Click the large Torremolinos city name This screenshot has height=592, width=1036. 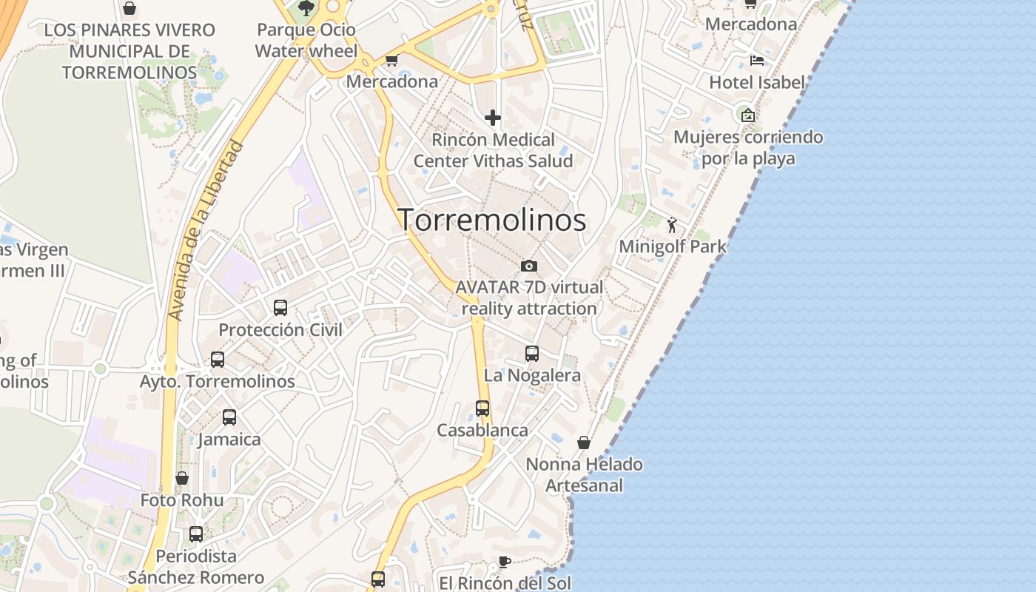492,220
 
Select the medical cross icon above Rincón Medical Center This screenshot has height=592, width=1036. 492,118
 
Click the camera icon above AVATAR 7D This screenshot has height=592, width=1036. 528,266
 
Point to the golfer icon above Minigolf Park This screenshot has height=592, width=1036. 672,225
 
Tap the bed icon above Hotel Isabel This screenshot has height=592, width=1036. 756,61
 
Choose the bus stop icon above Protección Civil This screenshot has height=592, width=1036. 280,307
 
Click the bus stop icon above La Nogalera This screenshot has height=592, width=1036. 531,353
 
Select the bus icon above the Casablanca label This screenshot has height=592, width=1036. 482,408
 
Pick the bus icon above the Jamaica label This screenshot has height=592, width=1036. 229,417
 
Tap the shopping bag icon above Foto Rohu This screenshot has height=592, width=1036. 182,478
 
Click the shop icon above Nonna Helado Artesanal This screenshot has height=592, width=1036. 584,443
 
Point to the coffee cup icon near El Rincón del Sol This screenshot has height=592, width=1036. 504,562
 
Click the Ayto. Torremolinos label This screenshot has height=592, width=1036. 218,382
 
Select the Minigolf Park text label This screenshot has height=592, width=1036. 672,246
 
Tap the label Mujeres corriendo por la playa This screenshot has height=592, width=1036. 748,147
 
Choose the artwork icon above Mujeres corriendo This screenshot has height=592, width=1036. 747,115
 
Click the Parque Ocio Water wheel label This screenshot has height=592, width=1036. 306,41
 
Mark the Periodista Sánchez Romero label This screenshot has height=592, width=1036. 196,567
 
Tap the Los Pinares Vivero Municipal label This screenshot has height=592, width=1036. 129,51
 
